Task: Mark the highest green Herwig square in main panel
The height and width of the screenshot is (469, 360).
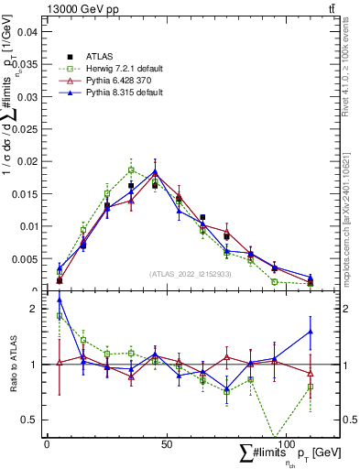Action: [x=131, y=169]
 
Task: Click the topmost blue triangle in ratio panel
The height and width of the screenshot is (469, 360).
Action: [x=60, y=300]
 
